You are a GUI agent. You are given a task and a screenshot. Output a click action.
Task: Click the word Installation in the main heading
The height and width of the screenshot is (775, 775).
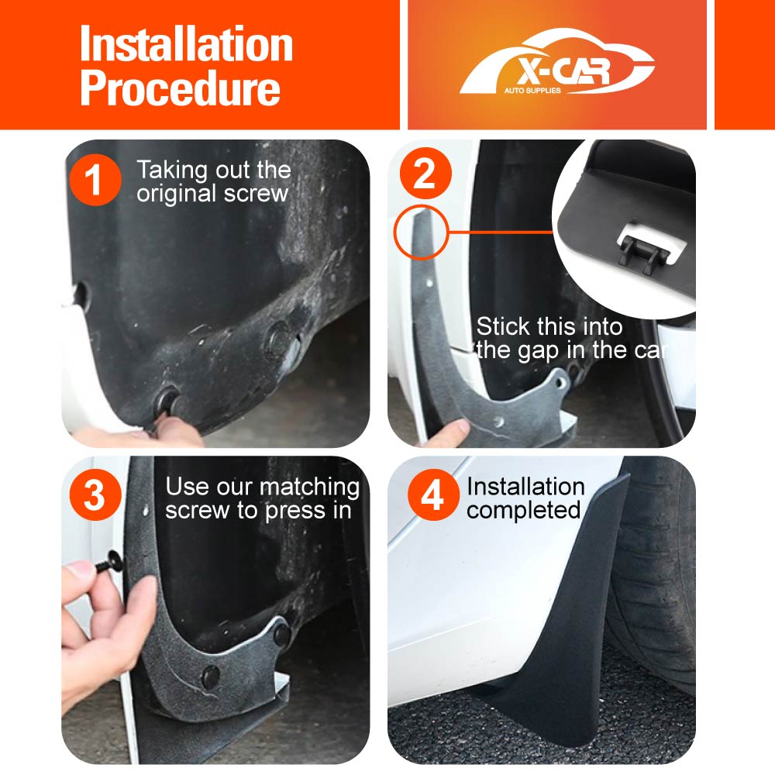point(186,45)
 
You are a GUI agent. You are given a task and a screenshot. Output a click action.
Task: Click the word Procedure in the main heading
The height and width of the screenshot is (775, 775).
point(180,89)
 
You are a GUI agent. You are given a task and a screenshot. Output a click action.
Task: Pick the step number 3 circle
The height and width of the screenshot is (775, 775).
point(94,497)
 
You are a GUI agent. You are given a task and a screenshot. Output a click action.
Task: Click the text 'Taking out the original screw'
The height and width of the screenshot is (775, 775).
point(213,181)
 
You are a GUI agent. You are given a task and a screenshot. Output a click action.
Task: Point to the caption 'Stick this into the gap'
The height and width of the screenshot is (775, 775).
point(570,338)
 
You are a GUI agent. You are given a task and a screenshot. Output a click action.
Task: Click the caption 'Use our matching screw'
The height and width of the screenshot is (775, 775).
point(262,498)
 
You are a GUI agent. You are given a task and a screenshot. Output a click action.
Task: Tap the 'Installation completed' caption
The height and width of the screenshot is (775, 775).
point(525,498)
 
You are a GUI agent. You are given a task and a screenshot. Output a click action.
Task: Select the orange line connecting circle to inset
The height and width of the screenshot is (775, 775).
point(500,231)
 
